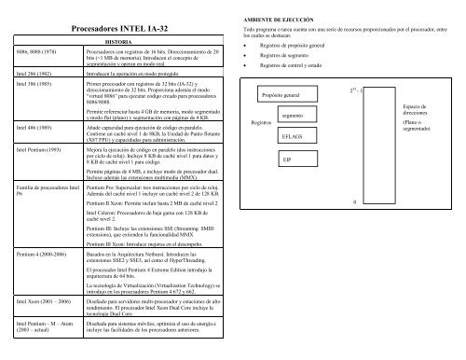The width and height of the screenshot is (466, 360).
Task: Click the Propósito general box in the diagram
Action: point(291,95)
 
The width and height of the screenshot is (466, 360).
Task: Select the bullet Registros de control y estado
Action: point(304,67)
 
